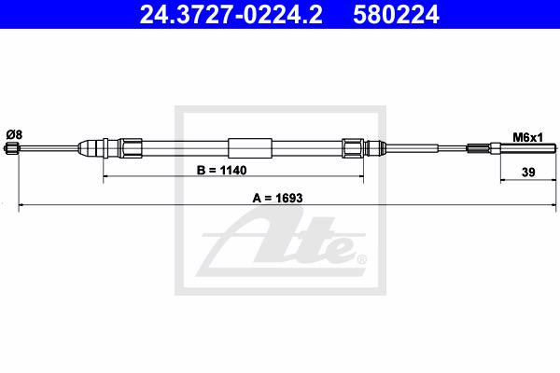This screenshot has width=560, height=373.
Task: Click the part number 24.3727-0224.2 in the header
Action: pyautogui.click(x=231, y=15)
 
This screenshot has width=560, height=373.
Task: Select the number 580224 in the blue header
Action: pyautogui.click(x=396, y=15)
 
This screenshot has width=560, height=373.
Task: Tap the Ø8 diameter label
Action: pyautogui.click(x=14, y=135)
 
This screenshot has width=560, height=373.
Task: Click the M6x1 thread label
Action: pyautogui.click(x=528, y=137)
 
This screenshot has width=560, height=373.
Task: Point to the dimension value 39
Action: pyautogui.click(x=528, y=173)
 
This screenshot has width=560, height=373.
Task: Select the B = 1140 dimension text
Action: pyautogui.click(x=221, y=171)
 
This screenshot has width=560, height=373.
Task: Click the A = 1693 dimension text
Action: pyautogui.click(x=277, y=198)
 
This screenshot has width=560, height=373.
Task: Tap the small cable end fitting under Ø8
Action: pyautogui.click(x=11, y=148)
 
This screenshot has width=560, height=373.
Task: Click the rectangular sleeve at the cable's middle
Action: pyautogui.click(x=250, y=148)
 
